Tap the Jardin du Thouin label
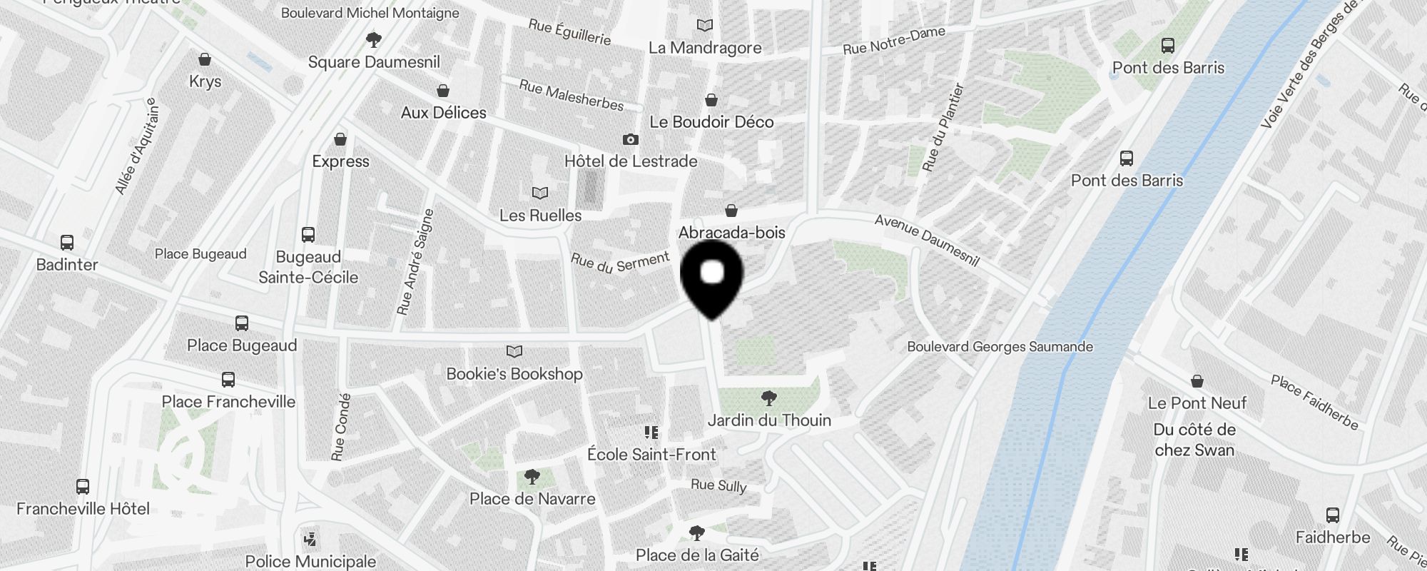point(769,420)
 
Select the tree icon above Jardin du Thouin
point(769,398)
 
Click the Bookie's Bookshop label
point(514,374)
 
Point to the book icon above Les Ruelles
point(540,193)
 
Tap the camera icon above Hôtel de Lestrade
point(631,139)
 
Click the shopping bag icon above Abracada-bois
point(731,211)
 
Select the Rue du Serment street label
point(620,263)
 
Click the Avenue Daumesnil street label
point(927,241)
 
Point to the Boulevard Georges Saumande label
point(1000,347)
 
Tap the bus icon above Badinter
point(67,243)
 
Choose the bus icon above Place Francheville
point(228,379)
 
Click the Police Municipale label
point(310,562)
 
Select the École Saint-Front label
point(651,455)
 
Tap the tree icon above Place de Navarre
point(532,476)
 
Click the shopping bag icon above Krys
point(205,59)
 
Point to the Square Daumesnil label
point(374,62)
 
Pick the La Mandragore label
point(705,48)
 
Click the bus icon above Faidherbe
point(1332,515)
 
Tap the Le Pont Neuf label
point(1197,403)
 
